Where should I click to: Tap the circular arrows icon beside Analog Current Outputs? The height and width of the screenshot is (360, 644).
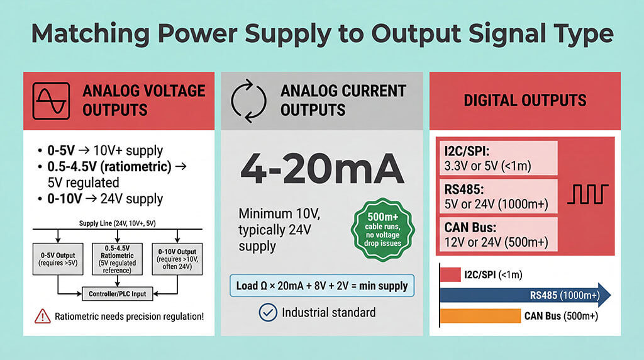250,100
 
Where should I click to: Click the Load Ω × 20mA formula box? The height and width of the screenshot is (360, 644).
321,286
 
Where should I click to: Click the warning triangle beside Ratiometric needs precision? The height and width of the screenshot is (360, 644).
42,316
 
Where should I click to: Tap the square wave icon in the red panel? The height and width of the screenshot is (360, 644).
587,194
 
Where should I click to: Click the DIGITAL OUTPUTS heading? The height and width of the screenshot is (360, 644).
525,100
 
